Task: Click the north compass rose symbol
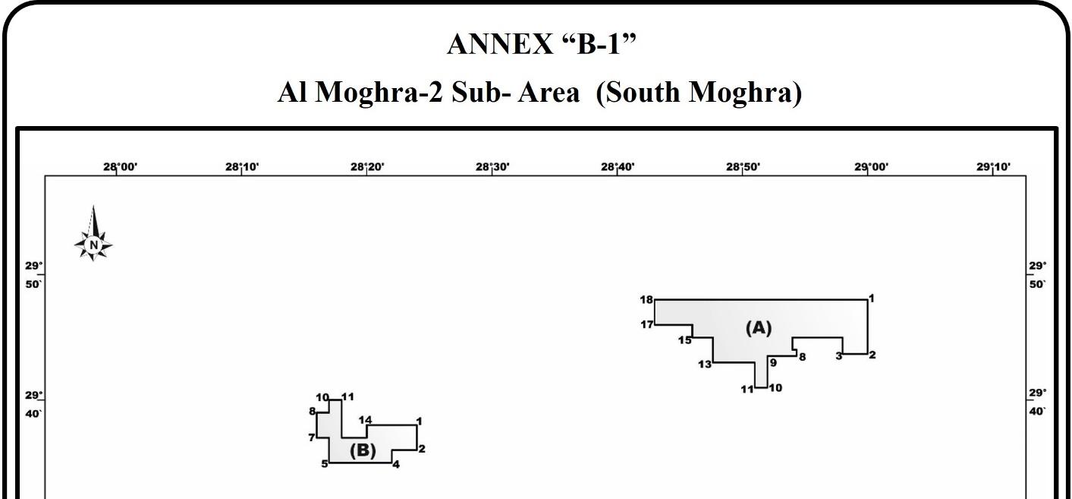93,236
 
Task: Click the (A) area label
758,328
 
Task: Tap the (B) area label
363,450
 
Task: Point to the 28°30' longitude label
492,167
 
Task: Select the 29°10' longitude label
993,167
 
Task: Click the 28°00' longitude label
121,167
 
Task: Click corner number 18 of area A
646,300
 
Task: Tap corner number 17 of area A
646,325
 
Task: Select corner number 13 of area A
705,365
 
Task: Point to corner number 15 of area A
685,340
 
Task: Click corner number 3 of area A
839,356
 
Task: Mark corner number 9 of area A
773,363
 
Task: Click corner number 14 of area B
365,420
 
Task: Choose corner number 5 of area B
325,463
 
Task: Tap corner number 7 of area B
311,437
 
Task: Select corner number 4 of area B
395,464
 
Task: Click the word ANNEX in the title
500,44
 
